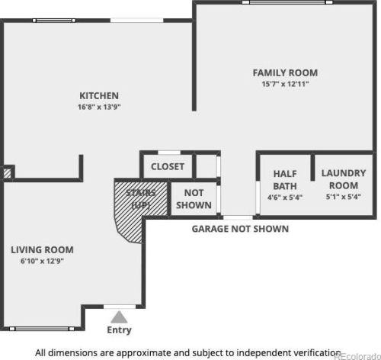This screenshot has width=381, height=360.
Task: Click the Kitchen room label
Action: (x=99, y=96)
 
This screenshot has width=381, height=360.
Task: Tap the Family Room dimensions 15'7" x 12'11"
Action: (x=285, y=84)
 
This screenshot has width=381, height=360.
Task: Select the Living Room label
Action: (x=42, y=249)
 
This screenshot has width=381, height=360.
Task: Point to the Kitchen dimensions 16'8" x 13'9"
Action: (x=99, y=107)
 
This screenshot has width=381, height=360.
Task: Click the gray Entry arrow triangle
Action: (x=119, y=317)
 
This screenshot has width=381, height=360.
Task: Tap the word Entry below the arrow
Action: (x=119, y=330)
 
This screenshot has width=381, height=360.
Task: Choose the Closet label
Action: (x=168, y=167)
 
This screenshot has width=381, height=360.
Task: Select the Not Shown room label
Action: (x=194, y=199)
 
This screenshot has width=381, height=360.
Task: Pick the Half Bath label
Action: (x=285, y=180)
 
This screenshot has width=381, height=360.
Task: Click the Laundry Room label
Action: (x=344, y=179)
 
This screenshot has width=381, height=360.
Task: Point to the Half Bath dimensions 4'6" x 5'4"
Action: (x=285, y=198)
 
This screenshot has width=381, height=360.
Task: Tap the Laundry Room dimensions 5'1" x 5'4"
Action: (x=344, y=197)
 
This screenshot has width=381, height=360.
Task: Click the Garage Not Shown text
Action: (x=240, y=229)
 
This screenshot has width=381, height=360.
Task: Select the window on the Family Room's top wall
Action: (x=287, y=2)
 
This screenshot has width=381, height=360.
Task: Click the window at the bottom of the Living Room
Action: (x=42, y=329)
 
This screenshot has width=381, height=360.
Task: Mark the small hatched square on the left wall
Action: (x=7, y=173)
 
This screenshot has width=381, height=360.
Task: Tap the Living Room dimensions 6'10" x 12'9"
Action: (x=42, y=261)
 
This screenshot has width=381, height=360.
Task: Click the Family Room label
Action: (x=285, y=73)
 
